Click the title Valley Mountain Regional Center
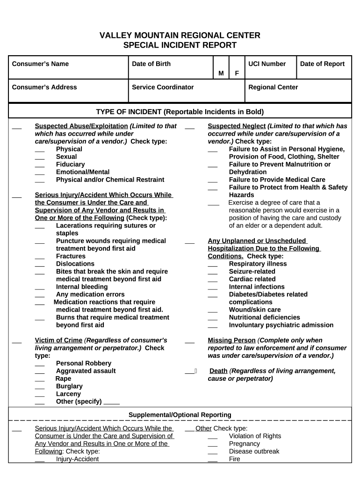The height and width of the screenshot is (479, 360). pos(180,36)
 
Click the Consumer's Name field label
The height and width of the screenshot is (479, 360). pos(40,64)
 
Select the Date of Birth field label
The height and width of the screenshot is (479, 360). pos(151,64)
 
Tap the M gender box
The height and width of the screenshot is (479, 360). pos(221,73)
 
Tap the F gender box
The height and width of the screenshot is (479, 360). pos(237,73)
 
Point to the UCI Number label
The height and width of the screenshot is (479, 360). pos(267,64)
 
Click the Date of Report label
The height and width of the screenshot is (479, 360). pos(322,64)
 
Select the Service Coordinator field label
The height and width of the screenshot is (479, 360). pos(163,87)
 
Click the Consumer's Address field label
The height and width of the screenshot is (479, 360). pos(44,87)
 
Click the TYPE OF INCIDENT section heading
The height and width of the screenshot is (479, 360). pos(180,112)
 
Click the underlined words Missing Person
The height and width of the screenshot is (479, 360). pos(231,341)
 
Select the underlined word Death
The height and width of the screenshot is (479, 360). pos(218,371)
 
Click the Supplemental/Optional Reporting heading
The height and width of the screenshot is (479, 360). pos(180,415)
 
